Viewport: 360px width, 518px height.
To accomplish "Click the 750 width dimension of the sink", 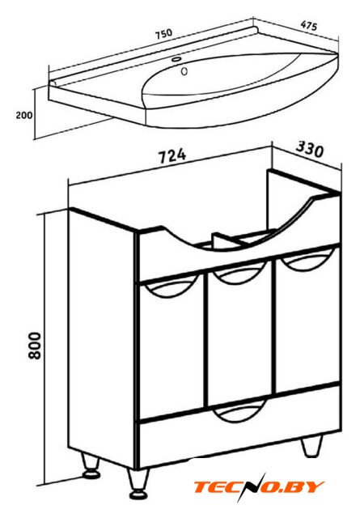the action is point(164,34).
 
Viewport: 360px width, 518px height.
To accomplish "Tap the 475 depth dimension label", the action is point(309,26).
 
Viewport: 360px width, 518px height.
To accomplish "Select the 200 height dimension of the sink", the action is point(24,115).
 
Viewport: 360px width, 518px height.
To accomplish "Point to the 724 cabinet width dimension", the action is point(172,156).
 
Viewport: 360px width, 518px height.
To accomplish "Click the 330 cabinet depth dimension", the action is point(310,150).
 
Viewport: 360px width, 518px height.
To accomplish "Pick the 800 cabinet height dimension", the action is point(34,346).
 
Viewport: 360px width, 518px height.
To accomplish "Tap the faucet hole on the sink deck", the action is point(176,60).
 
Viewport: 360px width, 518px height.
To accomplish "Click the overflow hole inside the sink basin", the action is point(184,70).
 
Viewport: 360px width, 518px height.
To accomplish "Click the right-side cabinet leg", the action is point(311,446).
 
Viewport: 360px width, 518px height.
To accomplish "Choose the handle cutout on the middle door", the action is point(239,273).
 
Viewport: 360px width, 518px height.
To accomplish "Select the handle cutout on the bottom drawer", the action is point(239,410).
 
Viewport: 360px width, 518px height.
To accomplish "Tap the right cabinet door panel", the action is point(307,320).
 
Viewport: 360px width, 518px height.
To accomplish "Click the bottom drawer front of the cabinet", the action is point(239,430).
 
